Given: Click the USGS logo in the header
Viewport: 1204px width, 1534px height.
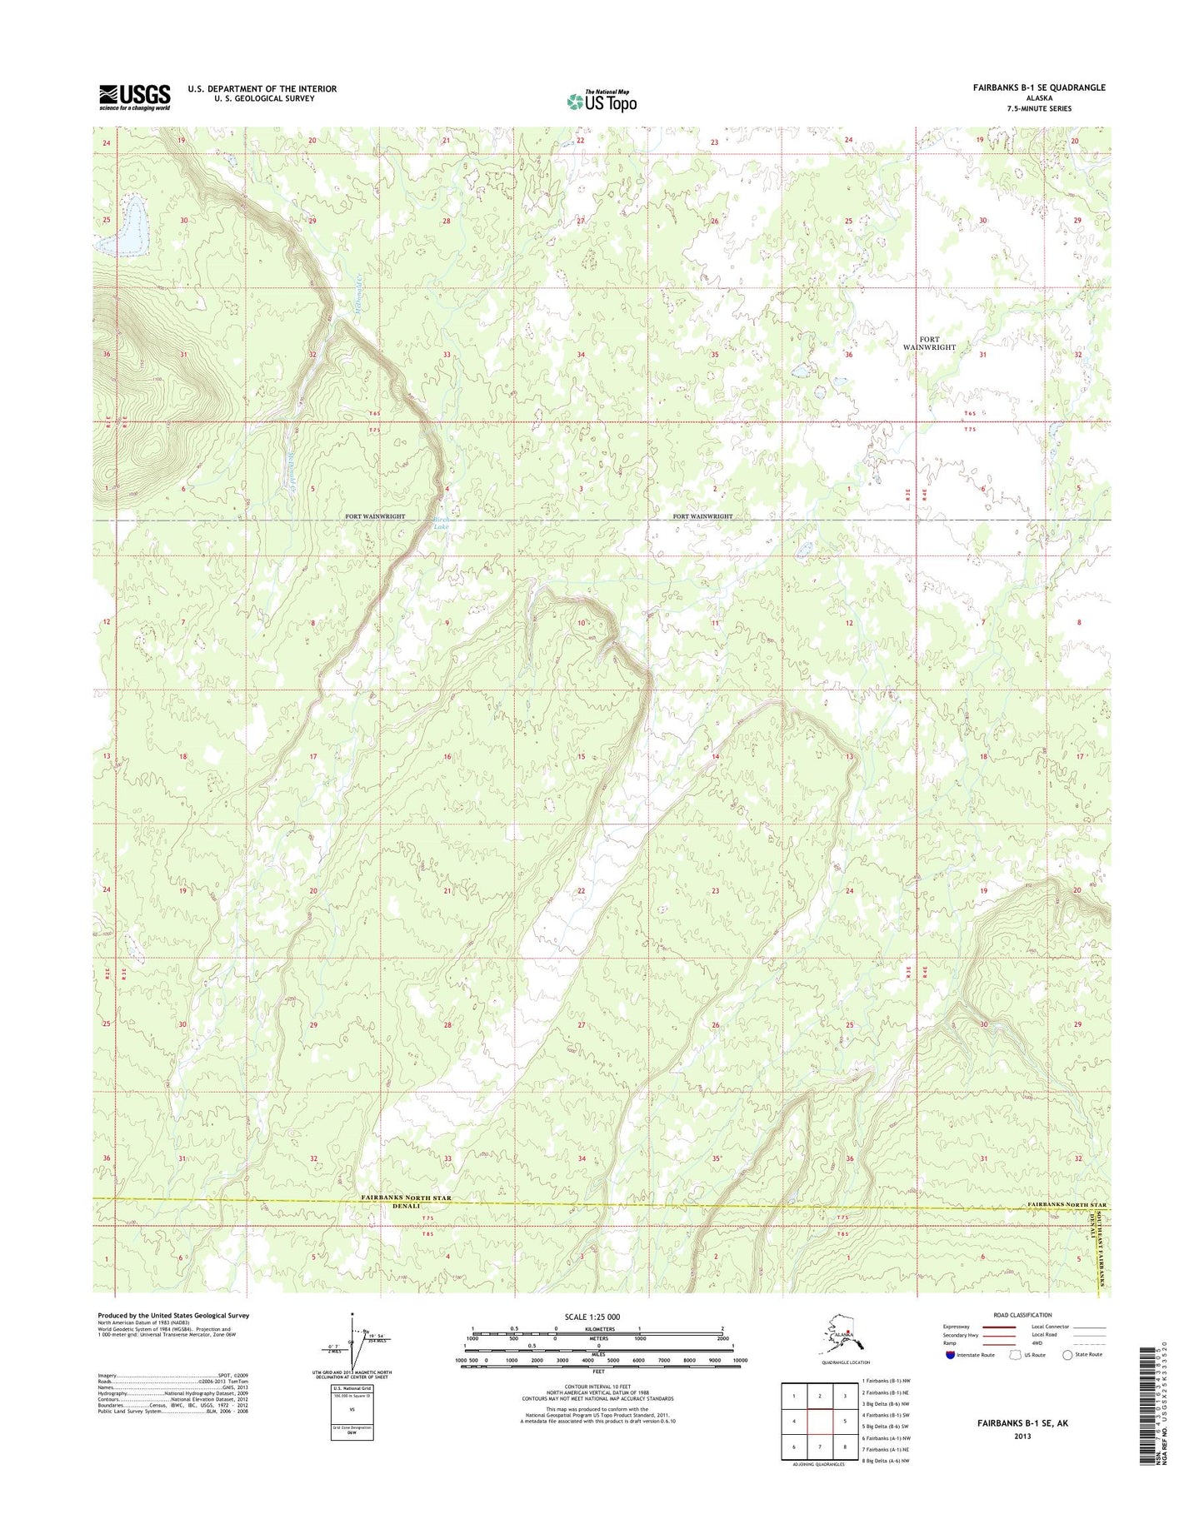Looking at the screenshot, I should tap(134, 97).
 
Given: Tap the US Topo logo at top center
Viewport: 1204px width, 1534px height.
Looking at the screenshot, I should tap(602, 101).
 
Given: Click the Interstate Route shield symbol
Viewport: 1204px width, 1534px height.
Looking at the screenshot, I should tap(951, 1355).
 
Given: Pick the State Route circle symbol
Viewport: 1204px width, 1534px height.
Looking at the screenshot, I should tap(1067, 1355).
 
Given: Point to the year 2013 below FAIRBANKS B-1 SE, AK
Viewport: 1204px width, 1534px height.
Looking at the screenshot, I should tap(1022, 1436).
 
